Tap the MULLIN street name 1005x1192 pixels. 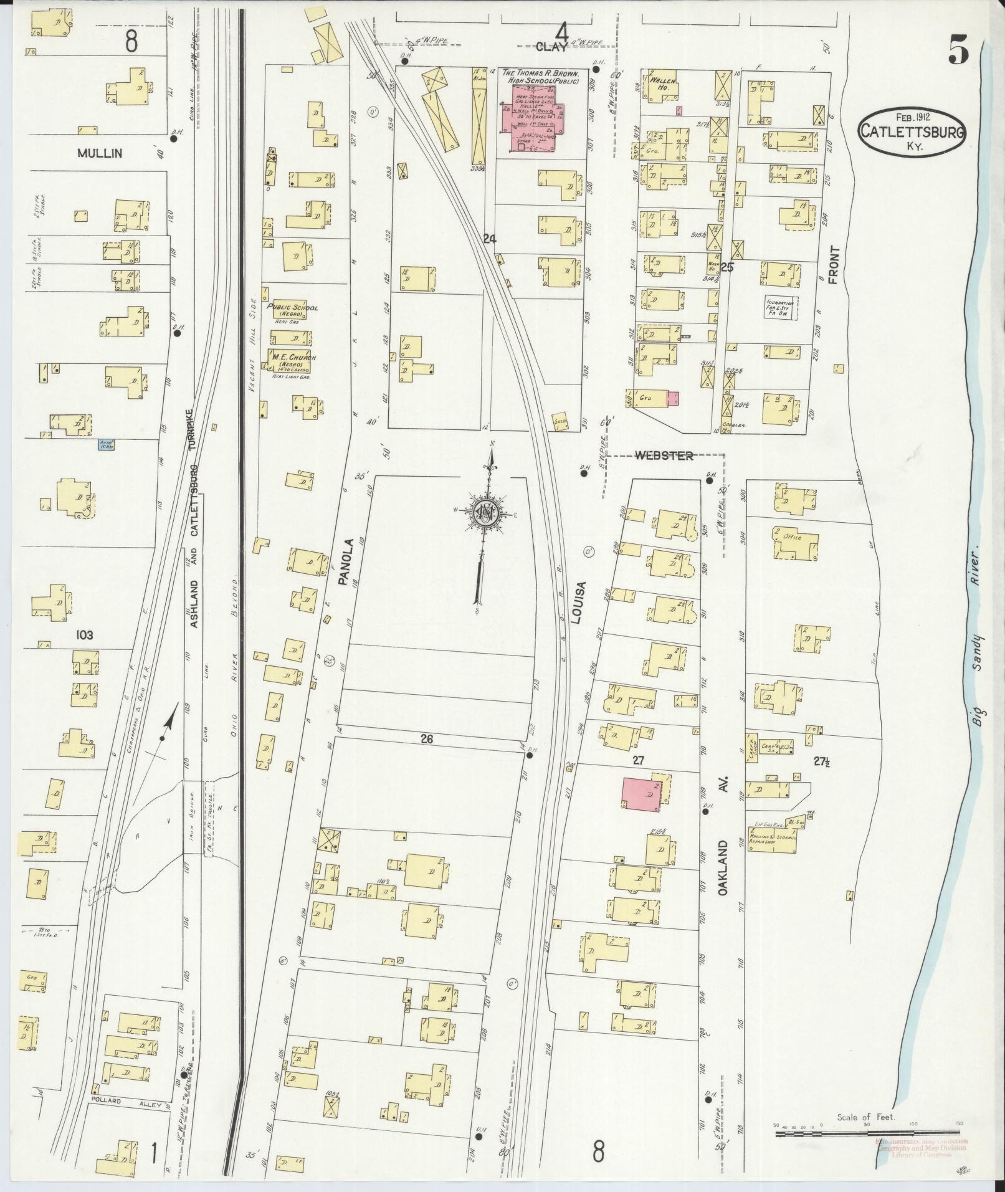pos(100,153)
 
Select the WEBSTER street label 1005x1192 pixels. pos(664,456)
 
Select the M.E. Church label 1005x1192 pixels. pos(291,361)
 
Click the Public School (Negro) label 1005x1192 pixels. pos(292,310)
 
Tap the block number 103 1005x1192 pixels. pos(84,635)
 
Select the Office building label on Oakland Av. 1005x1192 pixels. pos(792,537)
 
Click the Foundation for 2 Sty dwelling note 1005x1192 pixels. pos(781,306)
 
